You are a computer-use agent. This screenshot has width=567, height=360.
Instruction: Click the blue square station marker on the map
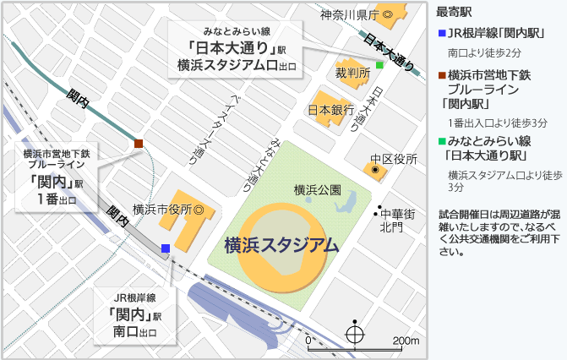(x=166, y=248)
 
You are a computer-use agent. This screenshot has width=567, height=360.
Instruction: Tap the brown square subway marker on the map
(x=139, y=144)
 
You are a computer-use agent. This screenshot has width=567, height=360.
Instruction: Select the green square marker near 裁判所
(x=380, y=65)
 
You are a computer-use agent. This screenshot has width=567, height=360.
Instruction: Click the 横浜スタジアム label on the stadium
(x=281, y=246)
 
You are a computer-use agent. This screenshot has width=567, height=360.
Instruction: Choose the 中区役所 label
(x=394, y=158)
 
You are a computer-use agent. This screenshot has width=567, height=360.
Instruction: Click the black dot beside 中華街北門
(x=379, y=208)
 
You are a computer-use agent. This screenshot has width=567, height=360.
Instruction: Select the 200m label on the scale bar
(x=406, y=341)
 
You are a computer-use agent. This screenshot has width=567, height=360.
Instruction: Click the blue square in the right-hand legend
(x=441, y=34)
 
